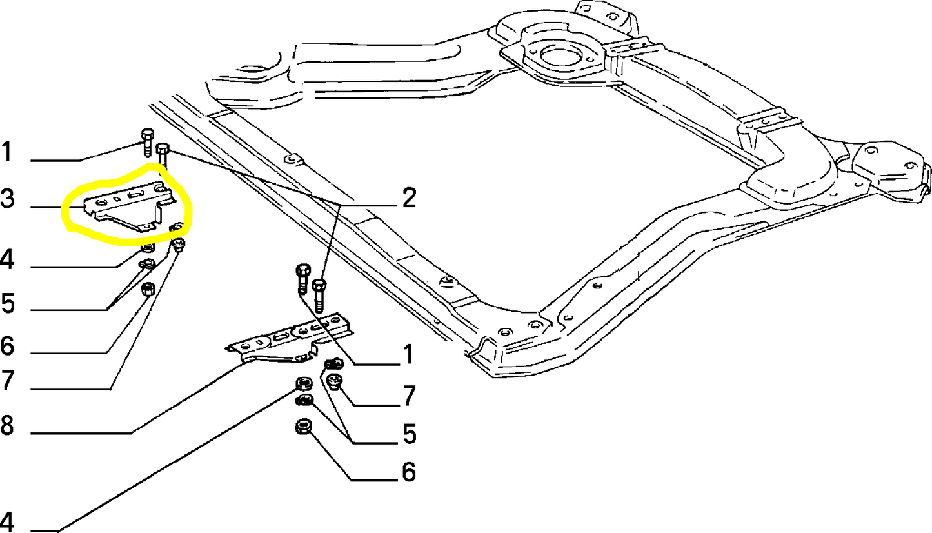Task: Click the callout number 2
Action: (408, 199)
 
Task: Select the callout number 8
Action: (6, 426)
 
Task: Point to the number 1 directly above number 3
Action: (6, 153)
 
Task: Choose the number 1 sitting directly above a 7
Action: (408, 354)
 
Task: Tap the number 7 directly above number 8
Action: (6, 381)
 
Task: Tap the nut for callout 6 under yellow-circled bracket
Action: (147, 289)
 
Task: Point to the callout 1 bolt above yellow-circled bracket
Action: (146, 141)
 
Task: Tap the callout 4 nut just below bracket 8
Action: (301, 386)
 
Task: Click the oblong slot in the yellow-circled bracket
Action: (137, 195)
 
